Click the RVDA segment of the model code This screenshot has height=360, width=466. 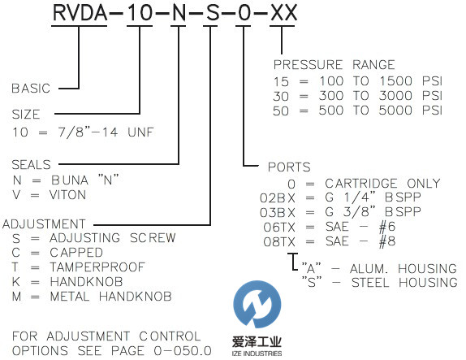click(x=80, y=13)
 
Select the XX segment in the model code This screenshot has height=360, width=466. click(x=283, y=13)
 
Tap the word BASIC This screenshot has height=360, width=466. click(x=31, y=89)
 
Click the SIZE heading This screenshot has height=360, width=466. click(x=26, y=115)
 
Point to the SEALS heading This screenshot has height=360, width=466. click(x=31, y=164)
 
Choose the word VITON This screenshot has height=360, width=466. click(x=67, y=195)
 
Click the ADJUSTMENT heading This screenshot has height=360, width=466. click(x=44, y=224)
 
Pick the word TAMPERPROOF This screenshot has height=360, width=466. click(x=97, y=267)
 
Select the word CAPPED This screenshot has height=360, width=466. click(x=76, y=253)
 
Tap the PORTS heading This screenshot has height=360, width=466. click(x=289, y=167)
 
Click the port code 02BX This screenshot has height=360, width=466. click(x=278, y=198)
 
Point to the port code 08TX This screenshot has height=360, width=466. click(x=279, y=242)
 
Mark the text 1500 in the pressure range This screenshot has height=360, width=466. click(x=396, y=81)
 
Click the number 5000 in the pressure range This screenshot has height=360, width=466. click(x=395, y=111)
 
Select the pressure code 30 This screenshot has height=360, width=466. click(x=281, y=96)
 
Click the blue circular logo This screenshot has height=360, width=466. click(x=257, y=304)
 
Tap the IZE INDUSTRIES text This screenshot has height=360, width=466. click(x=257, y=353)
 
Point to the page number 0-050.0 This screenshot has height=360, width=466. click(x=183, y=351)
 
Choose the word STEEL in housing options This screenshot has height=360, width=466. click(x=370, y=283)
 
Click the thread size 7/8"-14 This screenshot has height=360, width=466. click(x=88, y=132)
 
